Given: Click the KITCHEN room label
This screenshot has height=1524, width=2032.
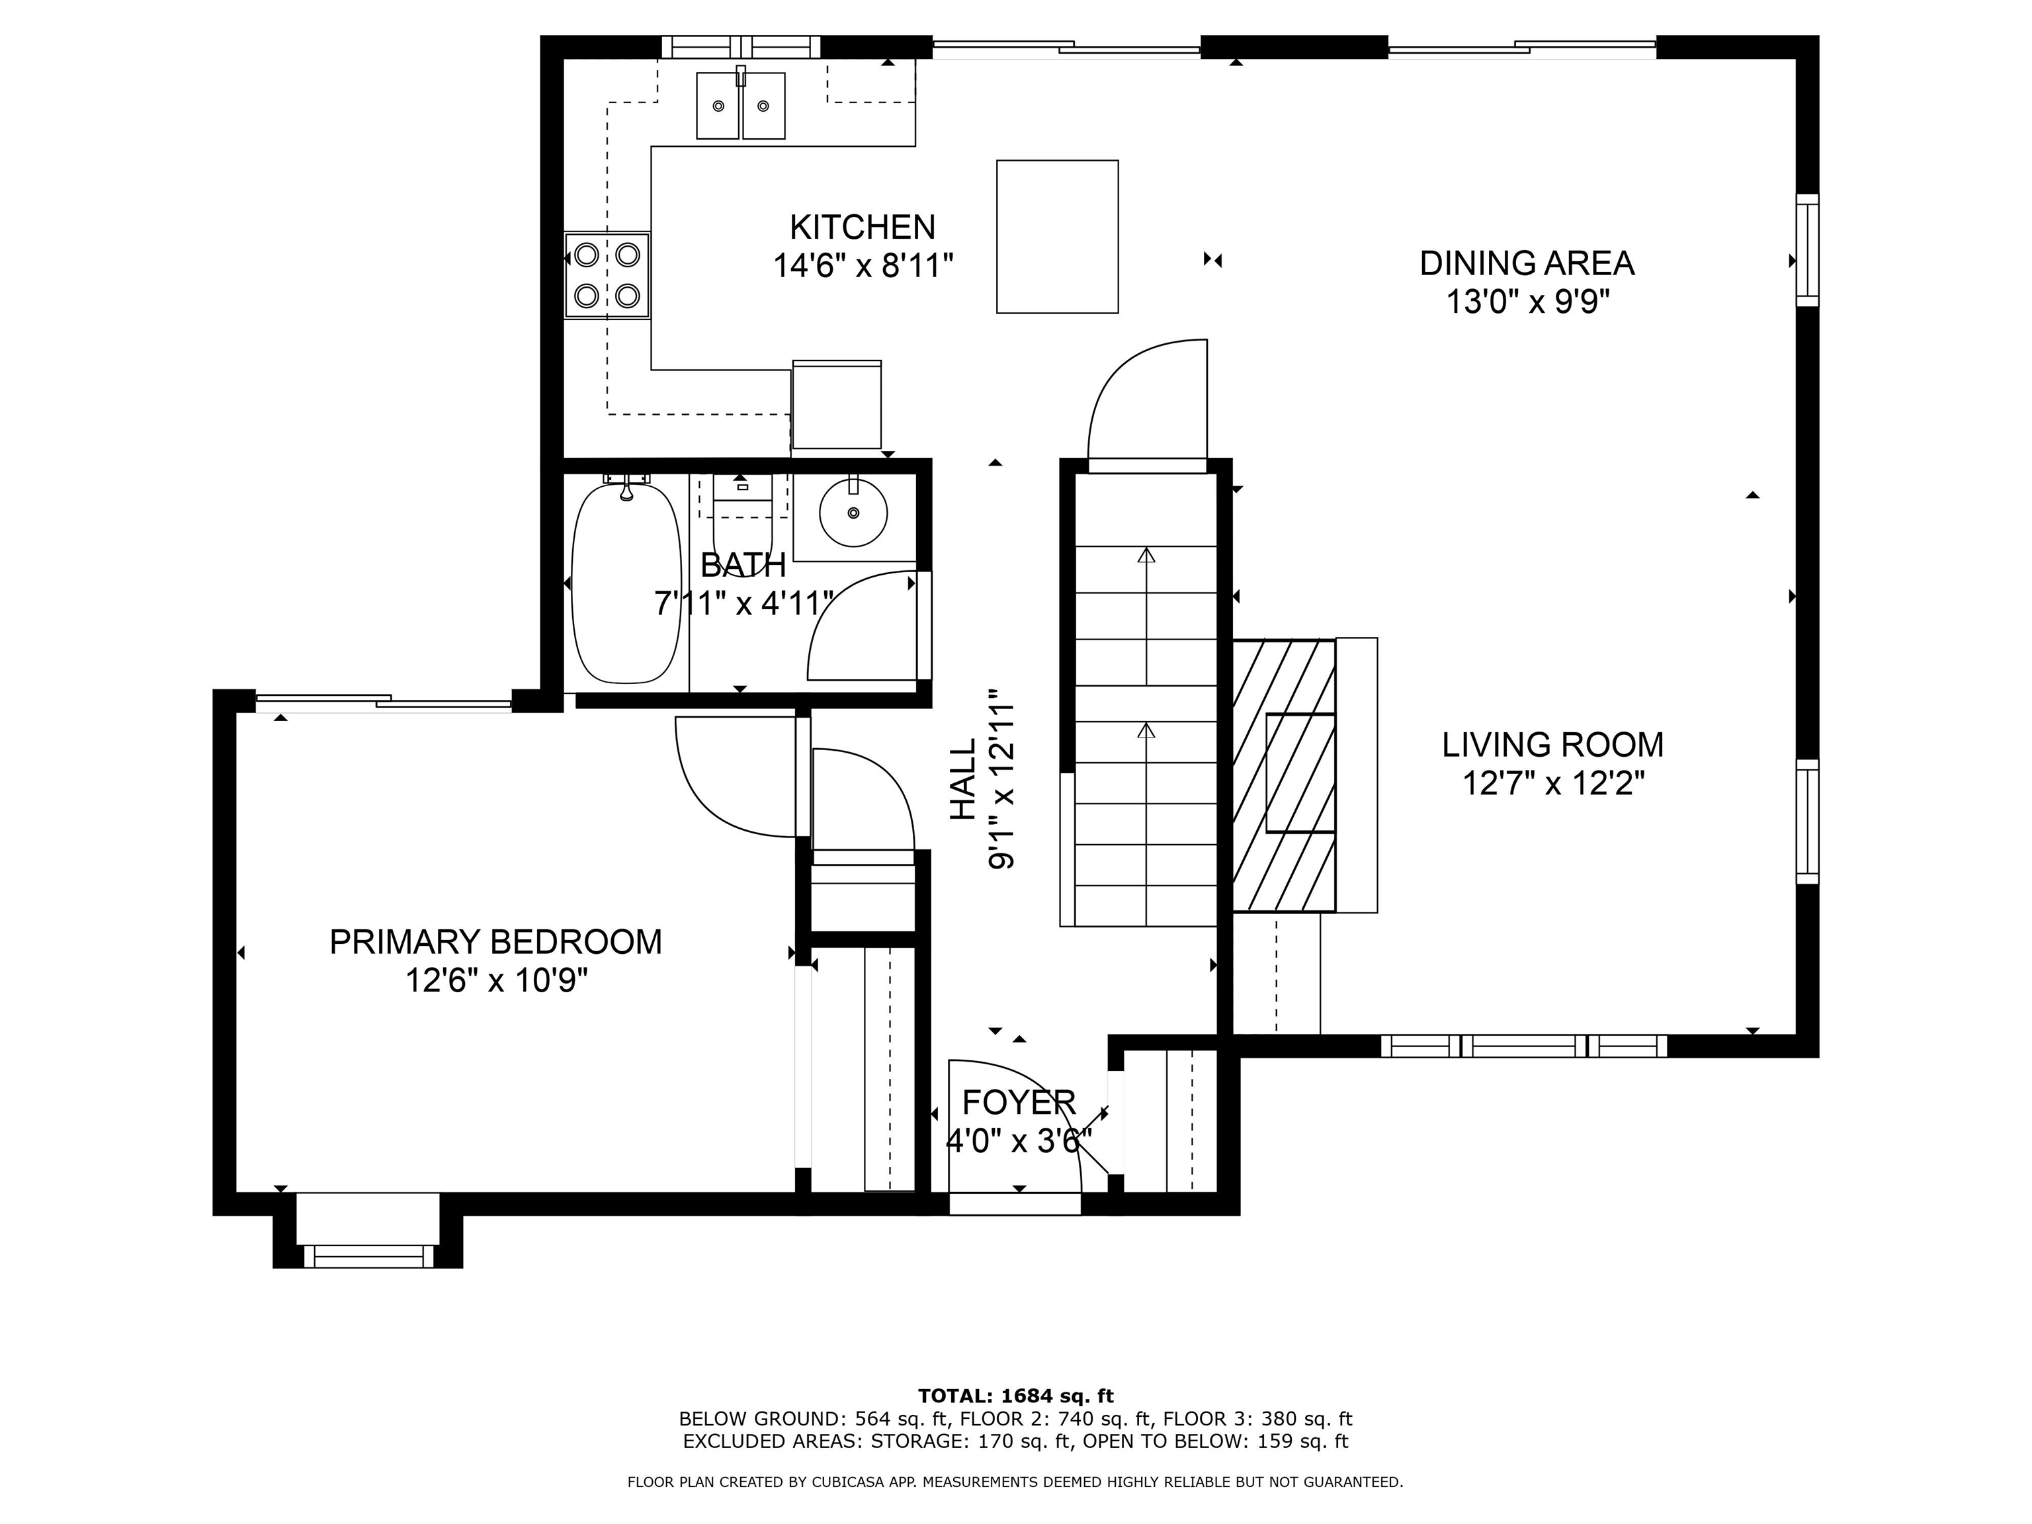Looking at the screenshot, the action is [x=863, y=227].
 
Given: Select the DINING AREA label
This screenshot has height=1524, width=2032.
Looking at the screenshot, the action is [x=1527, y=264].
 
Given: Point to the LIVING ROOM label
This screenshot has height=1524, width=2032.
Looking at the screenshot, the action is [x=1552, y=745].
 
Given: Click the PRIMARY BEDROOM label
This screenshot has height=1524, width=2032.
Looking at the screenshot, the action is [x=496, y=943].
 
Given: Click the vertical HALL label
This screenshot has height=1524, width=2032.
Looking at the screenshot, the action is [x=962, y=780].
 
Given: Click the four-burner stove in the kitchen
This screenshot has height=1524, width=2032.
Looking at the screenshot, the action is [x=607, y=275].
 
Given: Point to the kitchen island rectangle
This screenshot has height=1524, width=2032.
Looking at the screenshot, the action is [x=1057, y=237].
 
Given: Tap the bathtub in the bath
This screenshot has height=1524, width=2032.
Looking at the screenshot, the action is [x=626, y=584].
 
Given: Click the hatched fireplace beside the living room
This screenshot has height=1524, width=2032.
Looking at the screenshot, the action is [x=1283, y=775].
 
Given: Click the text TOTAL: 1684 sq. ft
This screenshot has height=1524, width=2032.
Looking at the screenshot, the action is [x=1015, y=1396].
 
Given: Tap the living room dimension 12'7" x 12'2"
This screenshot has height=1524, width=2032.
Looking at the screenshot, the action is [x=1552, y=784].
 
